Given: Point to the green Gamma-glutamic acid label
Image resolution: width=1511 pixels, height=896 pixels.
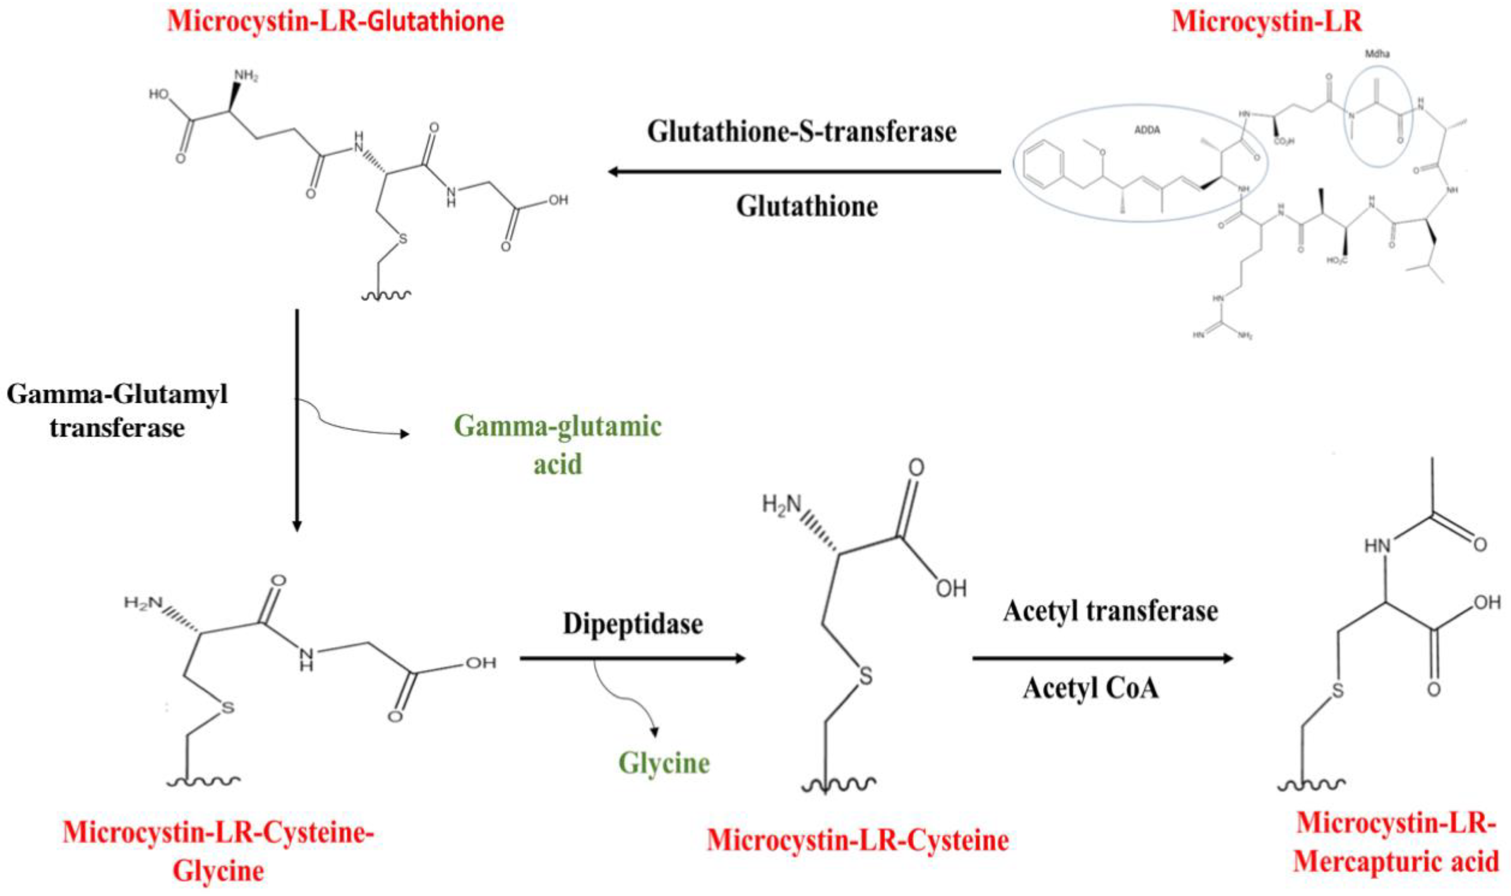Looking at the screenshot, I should click(x=558, y=445).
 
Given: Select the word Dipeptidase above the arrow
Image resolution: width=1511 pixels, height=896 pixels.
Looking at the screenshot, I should click(x=632, y=624).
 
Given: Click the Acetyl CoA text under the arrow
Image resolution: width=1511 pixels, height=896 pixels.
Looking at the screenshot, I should click(x=1091, y=688).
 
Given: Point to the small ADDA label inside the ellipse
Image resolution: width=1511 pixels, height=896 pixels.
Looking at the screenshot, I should click(x=1147, y=130).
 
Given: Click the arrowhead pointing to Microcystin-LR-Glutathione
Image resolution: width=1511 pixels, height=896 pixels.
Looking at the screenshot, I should click(x=614, y=172).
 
